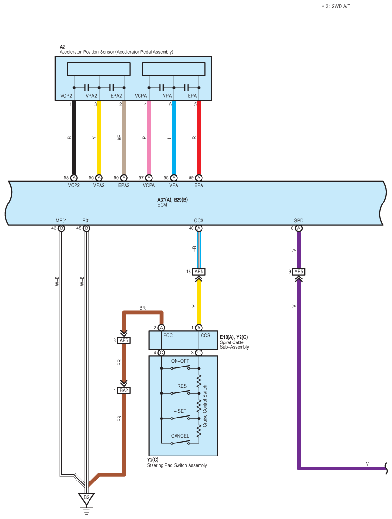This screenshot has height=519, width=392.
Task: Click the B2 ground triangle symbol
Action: click(x=86, y=497)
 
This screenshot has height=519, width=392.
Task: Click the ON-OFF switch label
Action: click(x=180, y=361)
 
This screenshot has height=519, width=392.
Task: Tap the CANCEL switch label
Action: click(x=180, y=436)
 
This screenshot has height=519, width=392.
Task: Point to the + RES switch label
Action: click(x=180, y=386)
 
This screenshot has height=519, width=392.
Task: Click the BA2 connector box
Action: click(x=124, y=390)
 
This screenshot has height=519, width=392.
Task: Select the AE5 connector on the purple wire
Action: click(x=299, y=272)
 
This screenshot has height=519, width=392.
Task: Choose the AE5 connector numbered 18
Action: click(x=199, y=272)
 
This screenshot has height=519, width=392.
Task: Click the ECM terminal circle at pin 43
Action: click(x=62, y=228)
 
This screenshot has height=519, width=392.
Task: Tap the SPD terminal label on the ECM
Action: click(x=299, y=221)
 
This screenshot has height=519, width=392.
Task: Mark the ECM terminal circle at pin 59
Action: click(x=199, y=177)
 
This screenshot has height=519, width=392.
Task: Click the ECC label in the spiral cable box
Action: click(x=168, y=336)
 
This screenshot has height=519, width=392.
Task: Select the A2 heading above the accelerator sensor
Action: click(x=63, y=47)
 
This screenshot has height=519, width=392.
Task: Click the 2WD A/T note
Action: click(x=336, y=7)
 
